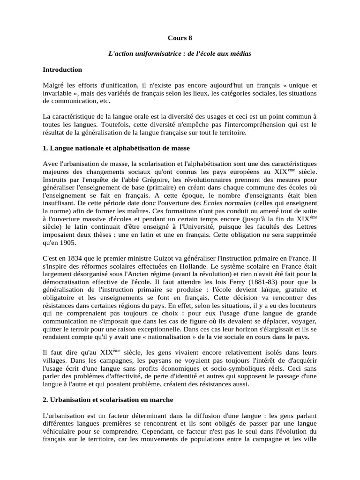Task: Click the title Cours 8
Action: point(180,38)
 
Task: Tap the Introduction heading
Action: point(62,69)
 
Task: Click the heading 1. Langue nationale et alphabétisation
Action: point(116,148)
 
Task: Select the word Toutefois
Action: point(113,125)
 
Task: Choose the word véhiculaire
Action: point(61,431)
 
